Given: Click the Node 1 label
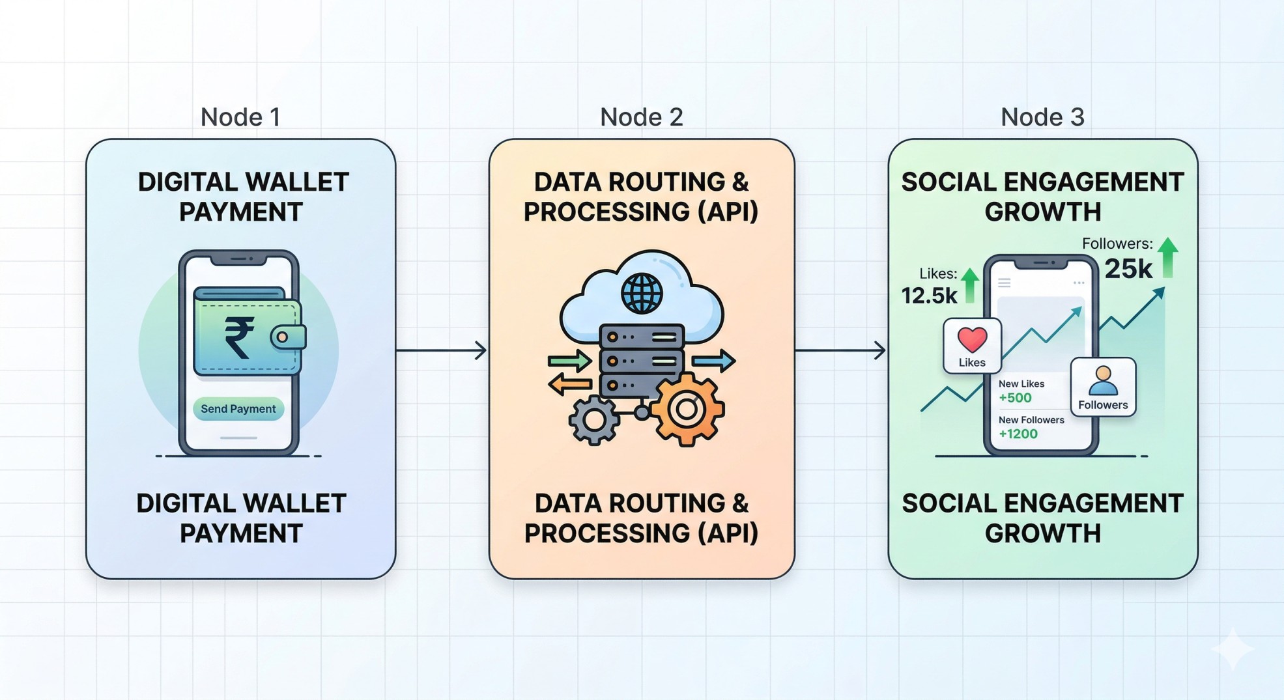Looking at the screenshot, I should (240, 117).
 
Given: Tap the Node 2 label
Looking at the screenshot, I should (641, 117).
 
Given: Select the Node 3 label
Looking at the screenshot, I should (1042, 117).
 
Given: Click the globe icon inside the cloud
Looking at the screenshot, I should (642, 293).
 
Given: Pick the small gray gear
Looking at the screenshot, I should (593, 420).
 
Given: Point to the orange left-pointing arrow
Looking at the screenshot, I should (569, 384).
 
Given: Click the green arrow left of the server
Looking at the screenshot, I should (569, 360).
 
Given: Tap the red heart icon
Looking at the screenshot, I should (972, 339).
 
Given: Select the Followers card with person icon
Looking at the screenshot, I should (1103, 387).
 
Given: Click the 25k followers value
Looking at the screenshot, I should (1128, 269).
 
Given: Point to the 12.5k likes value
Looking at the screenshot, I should (929, 296).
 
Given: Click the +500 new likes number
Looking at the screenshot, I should (1015, 398).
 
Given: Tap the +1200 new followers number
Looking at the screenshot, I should (1018, 434).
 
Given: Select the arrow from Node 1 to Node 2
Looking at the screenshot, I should (442, 350).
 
